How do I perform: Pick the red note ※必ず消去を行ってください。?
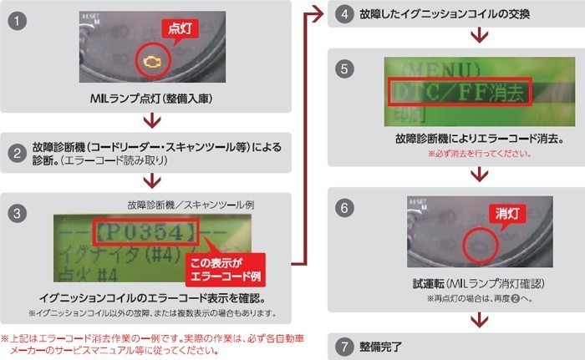[x=479, y=154]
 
